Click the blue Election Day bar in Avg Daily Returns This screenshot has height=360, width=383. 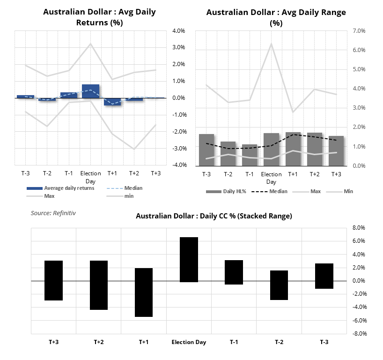[x=91, y=91]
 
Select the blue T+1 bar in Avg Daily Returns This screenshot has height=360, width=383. [x=112, y=102]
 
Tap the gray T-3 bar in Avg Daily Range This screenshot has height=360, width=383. [x=206, y=150]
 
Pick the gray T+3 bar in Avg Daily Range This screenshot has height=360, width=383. [x=336, y=151]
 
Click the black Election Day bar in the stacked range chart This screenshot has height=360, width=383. [x=189, y=260]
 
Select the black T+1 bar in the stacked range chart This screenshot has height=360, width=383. [x=144, y=292]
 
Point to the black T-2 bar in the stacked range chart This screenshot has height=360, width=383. [x=279, y=285]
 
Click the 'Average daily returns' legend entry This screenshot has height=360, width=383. [x=60, y=188]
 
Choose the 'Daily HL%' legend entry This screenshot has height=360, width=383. [x=226, y=192]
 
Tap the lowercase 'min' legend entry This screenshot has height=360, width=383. [x=120, y=196]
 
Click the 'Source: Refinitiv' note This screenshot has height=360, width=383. [x=53, y=213]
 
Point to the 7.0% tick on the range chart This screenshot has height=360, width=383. [x=359, y=31]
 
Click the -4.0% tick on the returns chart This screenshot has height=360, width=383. [x=179, y=165]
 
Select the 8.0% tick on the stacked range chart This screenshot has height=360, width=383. [x=359, y=228]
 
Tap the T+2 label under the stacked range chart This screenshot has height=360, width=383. [x=99, y=342]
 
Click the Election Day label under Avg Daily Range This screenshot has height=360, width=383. [x=271, y=178]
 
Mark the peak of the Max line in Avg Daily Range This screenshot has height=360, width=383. [x=271, y=44]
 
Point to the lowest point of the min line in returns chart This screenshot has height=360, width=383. [x=134, y=149]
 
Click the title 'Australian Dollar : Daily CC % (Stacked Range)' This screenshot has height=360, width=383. [x=214, y=216]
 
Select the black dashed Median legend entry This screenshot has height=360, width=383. [x=269, y=192]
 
